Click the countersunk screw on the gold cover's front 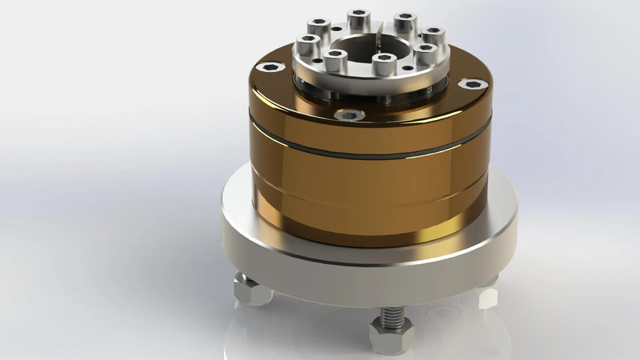(349, 115)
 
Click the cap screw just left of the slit (356, 17)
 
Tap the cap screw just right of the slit (405, 19)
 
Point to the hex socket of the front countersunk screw (349, 115)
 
